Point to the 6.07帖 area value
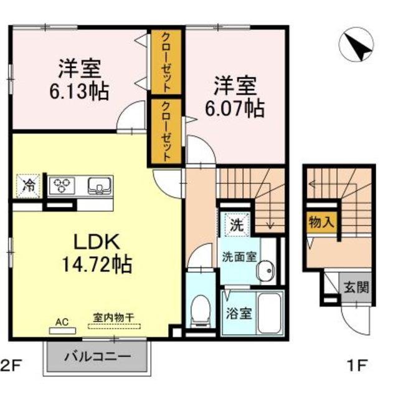(235, 107)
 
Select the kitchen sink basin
(99, 185)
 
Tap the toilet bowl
(200, 310)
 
